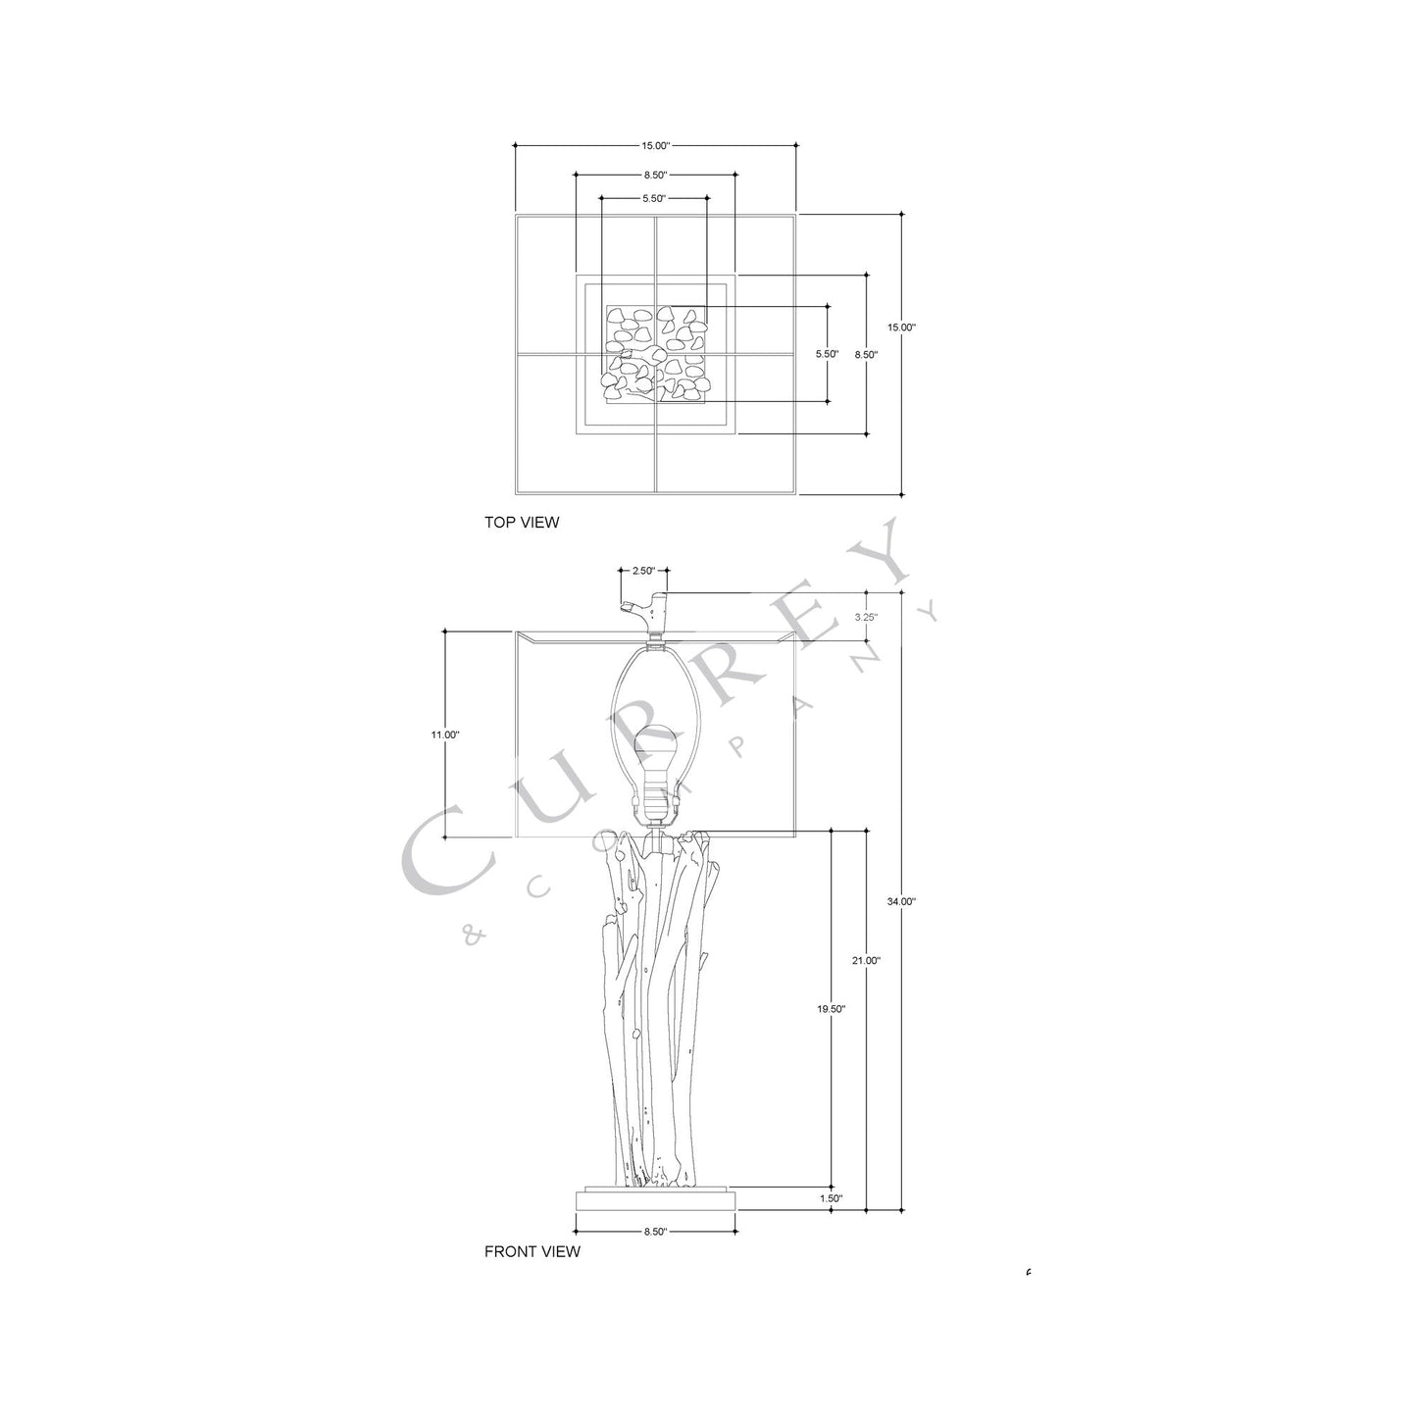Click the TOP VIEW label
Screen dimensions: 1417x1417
click(x=522, y=523)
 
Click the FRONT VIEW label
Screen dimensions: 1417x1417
click(x=532, y=1251)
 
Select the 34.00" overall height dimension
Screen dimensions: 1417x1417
click(x=899, y=901)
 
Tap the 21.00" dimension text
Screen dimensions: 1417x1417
click(x=866, y=961)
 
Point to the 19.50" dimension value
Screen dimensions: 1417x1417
click(x=831, y=1008)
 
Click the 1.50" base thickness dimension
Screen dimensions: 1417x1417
click(x=830, y=1198)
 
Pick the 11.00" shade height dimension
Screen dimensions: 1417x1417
click(x=444, y=734)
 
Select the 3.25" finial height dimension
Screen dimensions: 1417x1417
click(x=866, y=618)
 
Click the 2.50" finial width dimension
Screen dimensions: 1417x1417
click(x=643, y=570)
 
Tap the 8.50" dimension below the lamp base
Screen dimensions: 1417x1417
click(x=655, y=1232)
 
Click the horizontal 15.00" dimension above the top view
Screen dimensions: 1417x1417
click(x=655, y=146)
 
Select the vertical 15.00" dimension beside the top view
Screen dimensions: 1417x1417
click(x=901, y=328)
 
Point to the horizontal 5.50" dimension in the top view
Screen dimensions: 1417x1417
click(x=654, y=198)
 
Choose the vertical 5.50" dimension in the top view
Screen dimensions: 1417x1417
click(x=827, y=354)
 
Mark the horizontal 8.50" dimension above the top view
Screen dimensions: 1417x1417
click(x=655, y=176)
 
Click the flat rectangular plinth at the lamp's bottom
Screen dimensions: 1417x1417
click(x=655, y=1198)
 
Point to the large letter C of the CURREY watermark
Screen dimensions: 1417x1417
click(x=444, y=850)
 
